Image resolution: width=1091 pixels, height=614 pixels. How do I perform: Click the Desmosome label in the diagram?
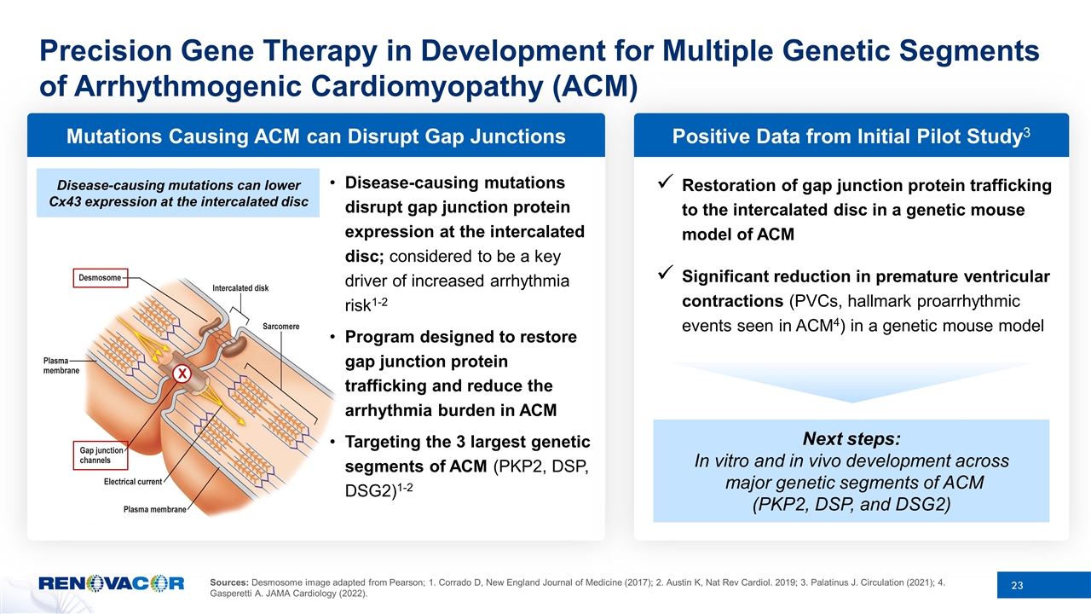95,277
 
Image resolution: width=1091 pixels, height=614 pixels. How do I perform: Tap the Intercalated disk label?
241,288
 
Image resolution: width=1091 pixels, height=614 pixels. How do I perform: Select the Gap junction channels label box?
96,455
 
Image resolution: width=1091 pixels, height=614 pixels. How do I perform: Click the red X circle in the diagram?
181,374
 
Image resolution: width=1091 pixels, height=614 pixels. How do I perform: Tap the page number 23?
1016,585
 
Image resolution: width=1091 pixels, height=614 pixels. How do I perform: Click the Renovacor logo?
111,583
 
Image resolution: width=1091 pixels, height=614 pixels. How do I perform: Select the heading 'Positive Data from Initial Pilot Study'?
850,136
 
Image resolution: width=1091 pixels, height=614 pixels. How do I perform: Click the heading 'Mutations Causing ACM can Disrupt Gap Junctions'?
315,136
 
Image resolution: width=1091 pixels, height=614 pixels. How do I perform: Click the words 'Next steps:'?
851,439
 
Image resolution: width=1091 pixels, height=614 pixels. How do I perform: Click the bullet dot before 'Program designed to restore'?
333,338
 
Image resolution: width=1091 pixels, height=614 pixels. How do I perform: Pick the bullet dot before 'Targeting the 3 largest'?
333,443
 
